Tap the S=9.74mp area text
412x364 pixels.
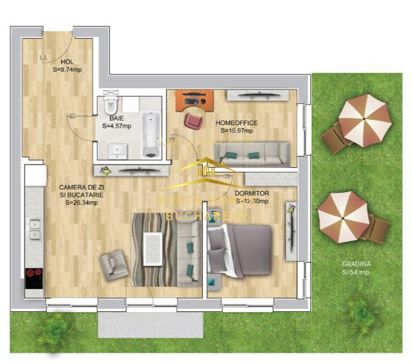[67, 69]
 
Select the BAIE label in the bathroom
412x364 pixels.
[117, 118]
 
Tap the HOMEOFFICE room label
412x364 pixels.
[237, 123]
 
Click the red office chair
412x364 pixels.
[194, 120]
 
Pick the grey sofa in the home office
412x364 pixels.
[254, 154]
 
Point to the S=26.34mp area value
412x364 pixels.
[82, 203]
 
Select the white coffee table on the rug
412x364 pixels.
[154, 249]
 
